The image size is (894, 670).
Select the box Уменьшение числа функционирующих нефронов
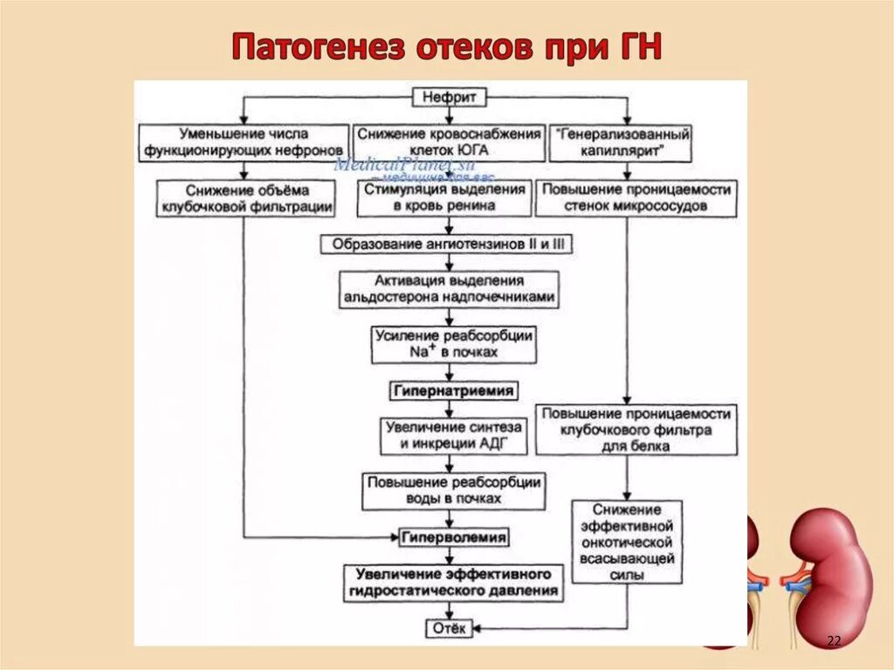(242, 143)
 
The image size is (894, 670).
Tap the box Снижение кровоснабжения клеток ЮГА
(448, 143)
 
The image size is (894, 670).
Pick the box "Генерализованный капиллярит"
(622, 143)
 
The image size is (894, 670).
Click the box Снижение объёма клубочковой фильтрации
(246, 198)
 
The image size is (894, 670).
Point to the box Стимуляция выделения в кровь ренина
(444, 198)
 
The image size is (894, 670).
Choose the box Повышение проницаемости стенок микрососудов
(635, 198)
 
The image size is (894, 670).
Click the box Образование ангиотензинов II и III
(447, 245)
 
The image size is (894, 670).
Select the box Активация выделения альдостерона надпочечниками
(448, 289)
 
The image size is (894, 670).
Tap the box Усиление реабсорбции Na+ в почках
(453, 343)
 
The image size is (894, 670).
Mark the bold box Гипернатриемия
(452, 390)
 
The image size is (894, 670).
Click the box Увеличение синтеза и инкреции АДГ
(453, 436)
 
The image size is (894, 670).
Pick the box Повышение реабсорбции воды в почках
(453, 491)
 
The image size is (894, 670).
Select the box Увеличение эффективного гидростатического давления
(453, 583)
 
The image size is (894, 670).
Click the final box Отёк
(450, 629)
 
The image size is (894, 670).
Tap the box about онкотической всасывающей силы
(626, 542)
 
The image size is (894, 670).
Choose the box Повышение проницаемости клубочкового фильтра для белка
(635, 429)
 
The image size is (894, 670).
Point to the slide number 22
(833, 642)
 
